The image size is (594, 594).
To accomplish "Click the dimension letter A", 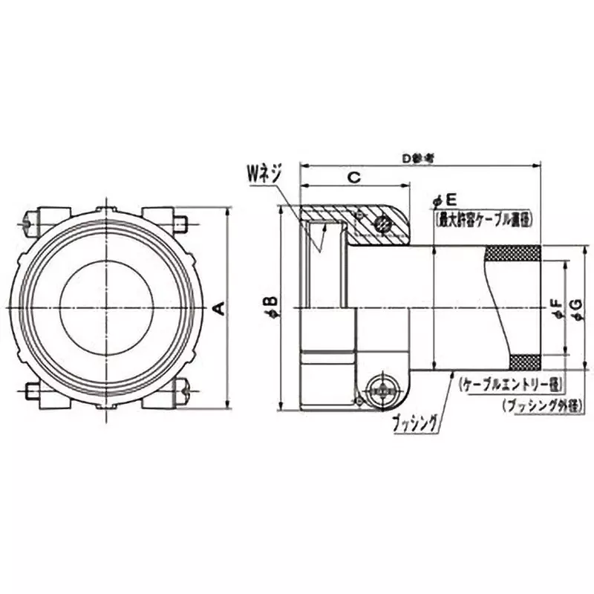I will (218, 307).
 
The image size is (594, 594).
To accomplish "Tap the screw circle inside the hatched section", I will (382, 223).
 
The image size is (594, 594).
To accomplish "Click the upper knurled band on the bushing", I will (512, 254).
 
